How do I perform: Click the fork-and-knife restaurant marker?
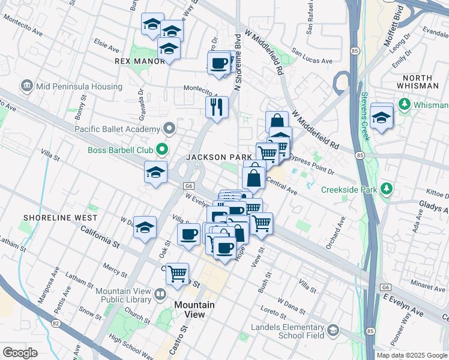tap(217, 107)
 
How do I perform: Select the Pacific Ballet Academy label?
tap(117, 128)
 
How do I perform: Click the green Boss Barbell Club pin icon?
tap(161, 149)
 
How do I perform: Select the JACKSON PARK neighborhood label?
tap(218, 157)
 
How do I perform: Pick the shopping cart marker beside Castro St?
tap(178, 274)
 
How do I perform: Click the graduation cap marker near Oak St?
tap(145, 228)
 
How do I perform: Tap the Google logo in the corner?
tap(20, 353)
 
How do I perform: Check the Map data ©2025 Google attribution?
tap(411, 355)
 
